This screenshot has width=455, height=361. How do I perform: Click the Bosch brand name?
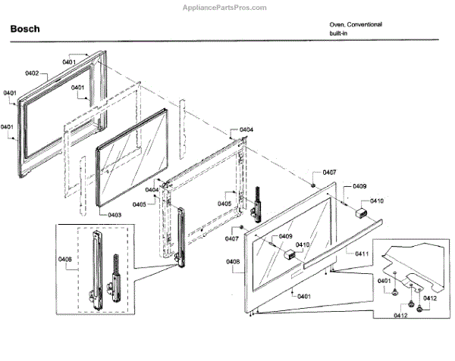click(24, 30)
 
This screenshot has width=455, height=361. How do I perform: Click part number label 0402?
click(32, 73)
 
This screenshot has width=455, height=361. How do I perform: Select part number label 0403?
click(115, 216)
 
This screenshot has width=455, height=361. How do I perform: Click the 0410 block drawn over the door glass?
click(288, 254)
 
